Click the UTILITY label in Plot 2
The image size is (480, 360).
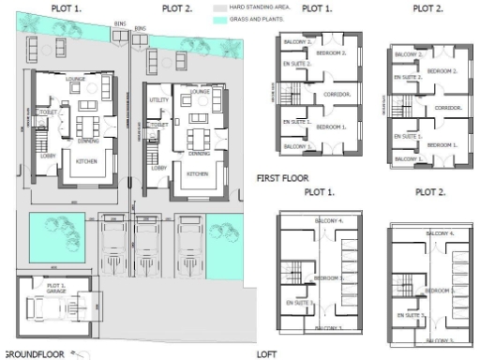(x=157, y=99)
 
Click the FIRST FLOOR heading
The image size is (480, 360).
(x=283, y=174)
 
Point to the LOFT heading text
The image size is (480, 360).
(x=266, y=354)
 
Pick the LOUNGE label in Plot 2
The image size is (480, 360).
(x=199, y=92)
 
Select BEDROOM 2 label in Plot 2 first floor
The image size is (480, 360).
(x=442, y=71)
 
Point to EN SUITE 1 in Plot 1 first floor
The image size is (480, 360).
(x=295, y=122)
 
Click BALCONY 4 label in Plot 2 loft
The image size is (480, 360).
(x=439, y=232)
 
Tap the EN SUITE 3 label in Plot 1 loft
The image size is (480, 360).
(x=295, y=303)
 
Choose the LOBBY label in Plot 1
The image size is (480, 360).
(x=47, y=156)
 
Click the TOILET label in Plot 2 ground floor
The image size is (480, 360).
(x=159, y=124)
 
